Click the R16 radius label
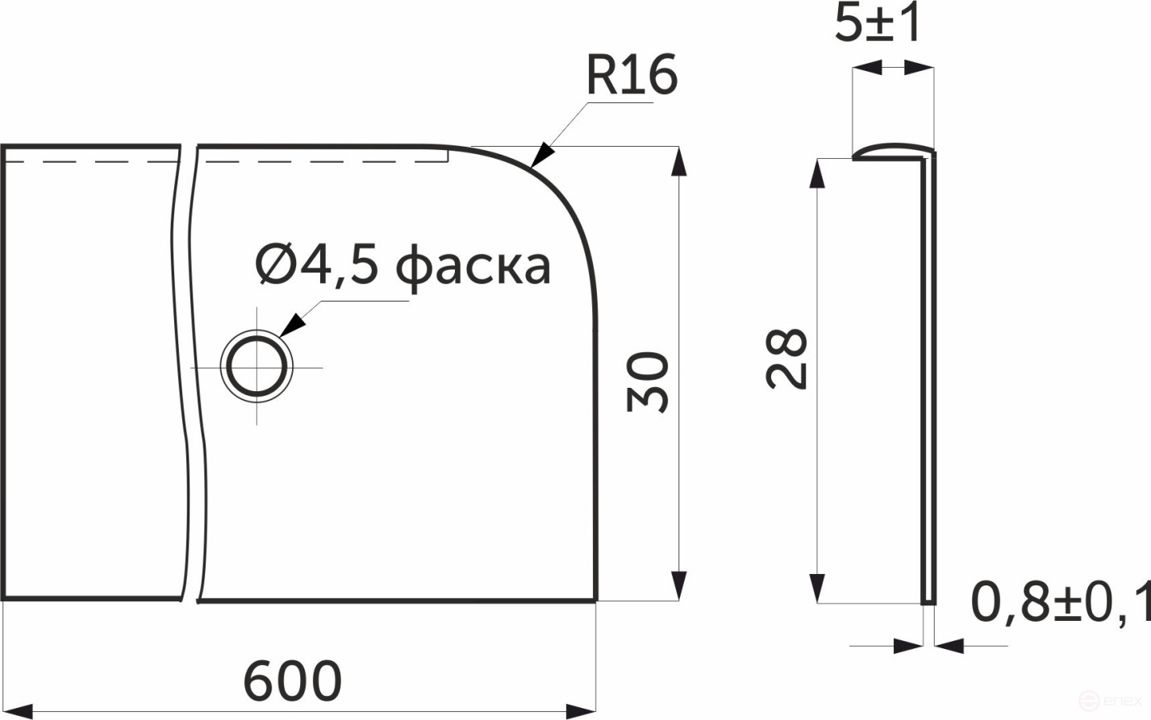pos(631,76)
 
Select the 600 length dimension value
pos(293,681)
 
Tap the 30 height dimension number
pos(648,381)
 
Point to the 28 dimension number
pos(787,359)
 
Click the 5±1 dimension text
pos(878,24)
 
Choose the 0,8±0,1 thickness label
pos(1060,603)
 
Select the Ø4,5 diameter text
pos(317,265)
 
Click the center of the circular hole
pos(257,367)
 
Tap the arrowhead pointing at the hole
pos(293,324)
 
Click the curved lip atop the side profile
pos(892,149)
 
